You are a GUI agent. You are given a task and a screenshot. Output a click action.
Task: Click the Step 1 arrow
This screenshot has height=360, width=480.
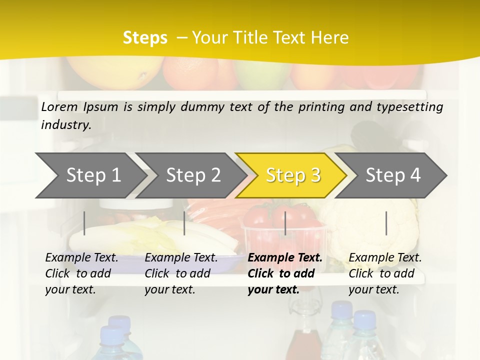[93, 175]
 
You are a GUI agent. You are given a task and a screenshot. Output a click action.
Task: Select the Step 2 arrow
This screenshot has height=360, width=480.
[193, 175]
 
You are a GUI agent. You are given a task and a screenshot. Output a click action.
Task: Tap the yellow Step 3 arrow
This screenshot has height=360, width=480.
[293, 175]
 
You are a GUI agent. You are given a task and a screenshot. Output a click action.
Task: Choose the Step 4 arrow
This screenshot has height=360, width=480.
[393, 175]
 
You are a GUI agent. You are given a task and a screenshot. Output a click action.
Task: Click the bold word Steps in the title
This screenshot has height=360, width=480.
[145, 37]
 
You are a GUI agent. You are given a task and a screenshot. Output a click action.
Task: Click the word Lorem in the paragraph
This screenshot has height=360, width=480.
[59, 106]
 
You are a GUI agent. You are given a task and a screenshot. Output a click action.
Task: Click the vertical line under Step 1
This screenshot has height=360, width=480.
[84, 223]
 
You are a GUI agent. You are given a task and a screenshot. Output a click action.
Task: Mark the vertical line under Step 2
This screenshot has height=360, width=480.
[184, 223]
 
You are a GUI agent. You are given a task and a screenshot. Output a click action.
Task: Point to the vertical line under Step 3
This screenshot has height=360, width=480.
[285, 223]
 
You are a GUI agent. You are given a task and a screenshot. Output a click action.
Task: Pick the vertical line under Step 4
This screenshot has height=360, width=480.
[386, 223]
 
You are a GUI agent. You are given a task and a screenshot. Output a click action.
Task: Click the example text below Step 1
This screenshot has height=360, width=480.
[81, 273]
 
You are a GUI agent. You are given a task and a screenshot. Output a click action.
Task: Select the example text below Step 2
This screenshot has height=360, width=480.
[181, 273]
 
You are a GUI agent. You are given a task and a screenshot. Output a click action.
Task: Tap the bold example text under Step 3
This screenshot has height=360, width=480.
[285, 273]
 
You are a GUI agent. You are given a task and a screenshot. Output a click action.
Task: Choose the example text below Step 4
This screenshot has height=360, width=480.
[385, 273]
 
